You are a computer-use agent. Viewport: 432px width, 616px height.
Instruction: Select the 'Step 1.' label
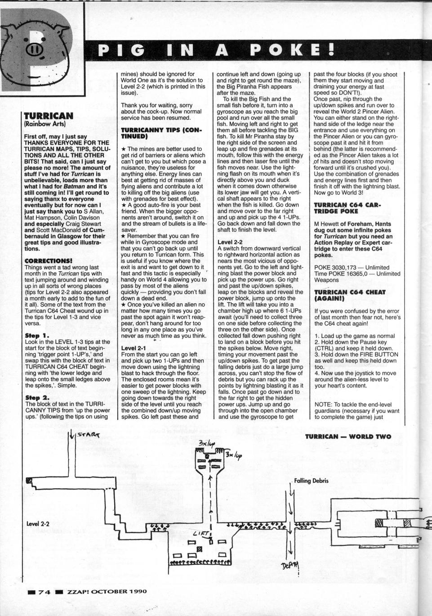pyautogui.click(x=37, y=336)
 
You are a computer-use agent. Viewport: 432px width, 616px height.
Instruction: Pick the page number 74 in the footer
pyautogui.click(x=45, y=591)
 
